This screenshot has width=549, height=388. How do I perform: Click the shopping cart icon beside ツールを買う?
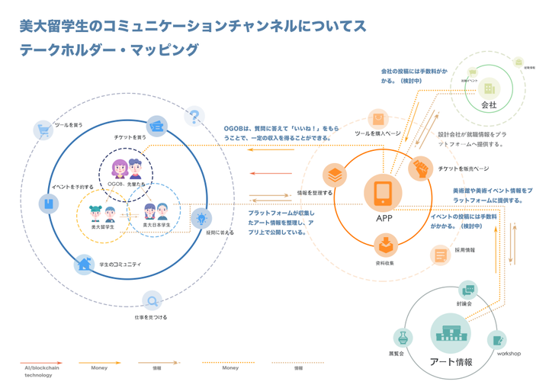(44, 130)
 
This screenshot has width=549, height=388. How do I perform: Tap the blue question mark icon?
(195, 117)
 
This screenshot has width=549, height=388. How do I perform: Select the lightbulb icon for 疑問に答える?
(201, 219)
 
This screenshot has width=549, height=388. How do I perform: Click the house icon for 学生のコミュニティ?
(84, 265)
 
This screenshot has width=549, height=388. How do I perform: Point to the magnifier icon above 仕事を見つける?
(152, 301)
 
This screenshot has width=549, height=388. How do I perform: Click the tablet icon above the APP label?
(383, 193)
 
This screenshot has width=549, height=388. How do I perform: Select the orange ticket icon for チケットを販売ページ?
(420, 168)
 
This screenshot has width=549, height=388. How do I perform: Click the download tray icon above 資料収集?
(386, 245)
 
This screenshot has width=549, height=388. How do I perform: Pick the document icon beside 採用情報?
(441, 255)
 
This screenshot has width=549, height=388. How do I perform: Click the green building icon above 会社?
(489, 88)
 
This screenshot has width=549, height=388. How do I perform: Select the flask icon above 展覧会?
(403, 338)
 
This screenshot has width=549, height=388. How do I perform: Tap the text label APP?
(384, 219)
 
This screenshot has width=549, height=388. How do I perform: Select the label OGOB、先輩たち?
(126, 184)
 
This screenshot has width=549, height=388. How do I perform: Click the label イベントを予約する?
(72, 186)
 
